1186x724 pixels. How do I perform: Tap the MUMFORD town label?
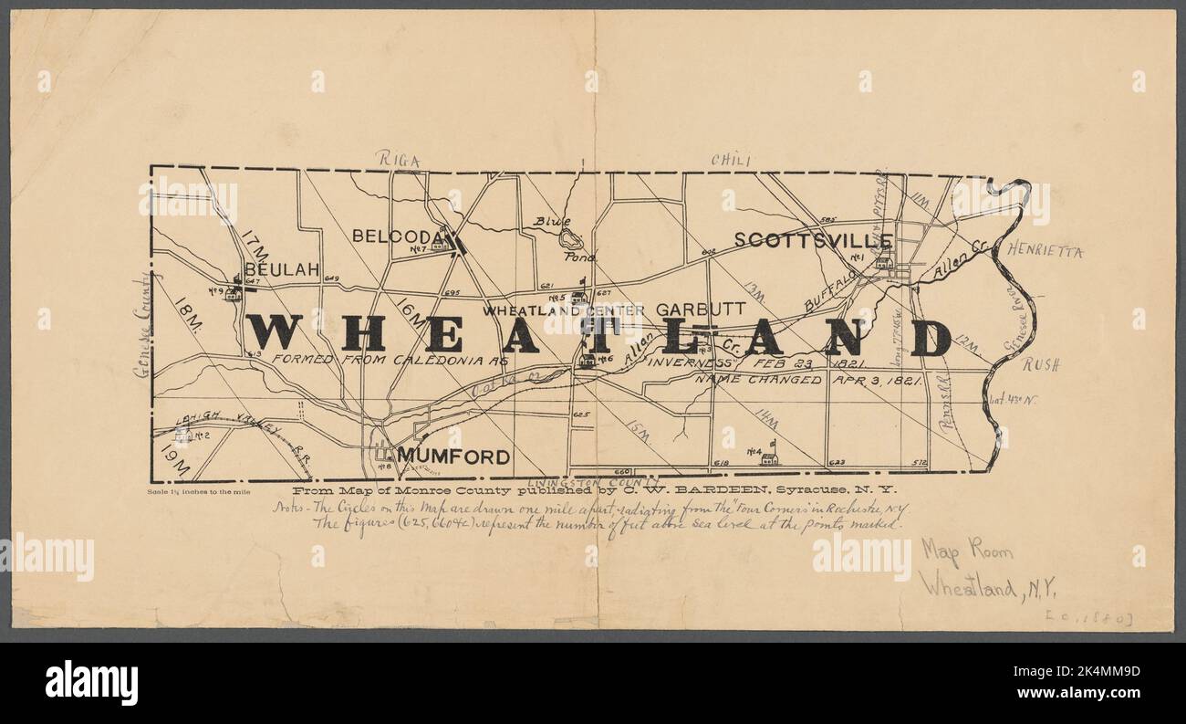[453, 456]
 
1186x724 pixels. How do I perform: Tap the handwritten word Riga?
[399, 162]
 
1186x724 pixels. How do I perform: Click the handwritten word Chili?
[730, 161]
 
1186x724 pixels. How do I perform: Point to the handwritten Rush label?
[1039, 364]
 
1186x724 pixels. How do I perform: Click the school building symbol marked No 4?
[768, 458]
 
